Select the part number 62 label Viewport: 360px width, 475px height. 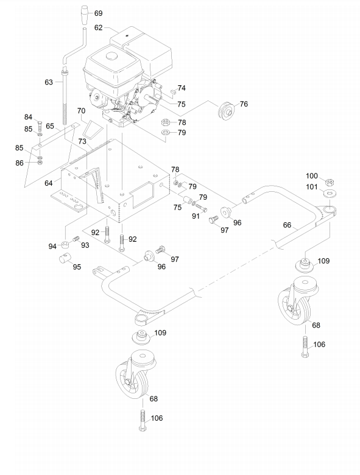click(x=99, y=27)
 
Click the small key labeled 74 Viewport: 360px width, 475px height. click(x=173, y=91)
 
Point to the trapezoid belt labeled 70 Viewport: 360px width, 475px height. click(x=91, y=129)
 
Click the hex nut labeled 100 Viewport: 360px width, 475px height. click(x=330, y=182)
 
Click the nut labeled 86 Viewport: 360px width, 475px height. click(x=40, y=163)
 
